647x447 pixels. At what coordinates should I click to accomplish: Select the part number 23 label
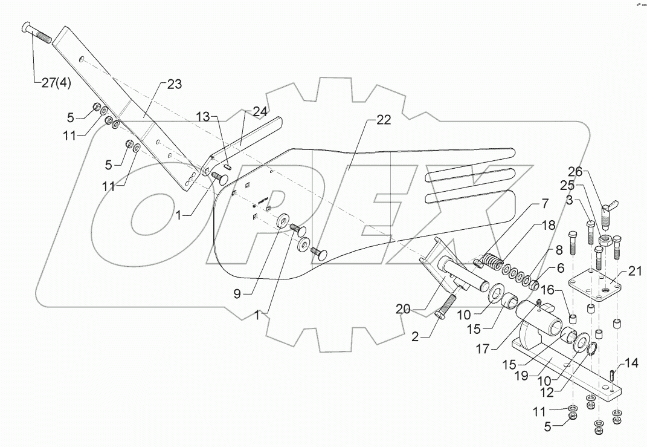coord(174,85)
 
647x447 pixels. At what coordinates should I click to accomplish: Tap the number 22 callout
coord(383,120)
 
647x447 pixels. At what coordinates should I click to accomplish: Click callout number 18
coord(547,225)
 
